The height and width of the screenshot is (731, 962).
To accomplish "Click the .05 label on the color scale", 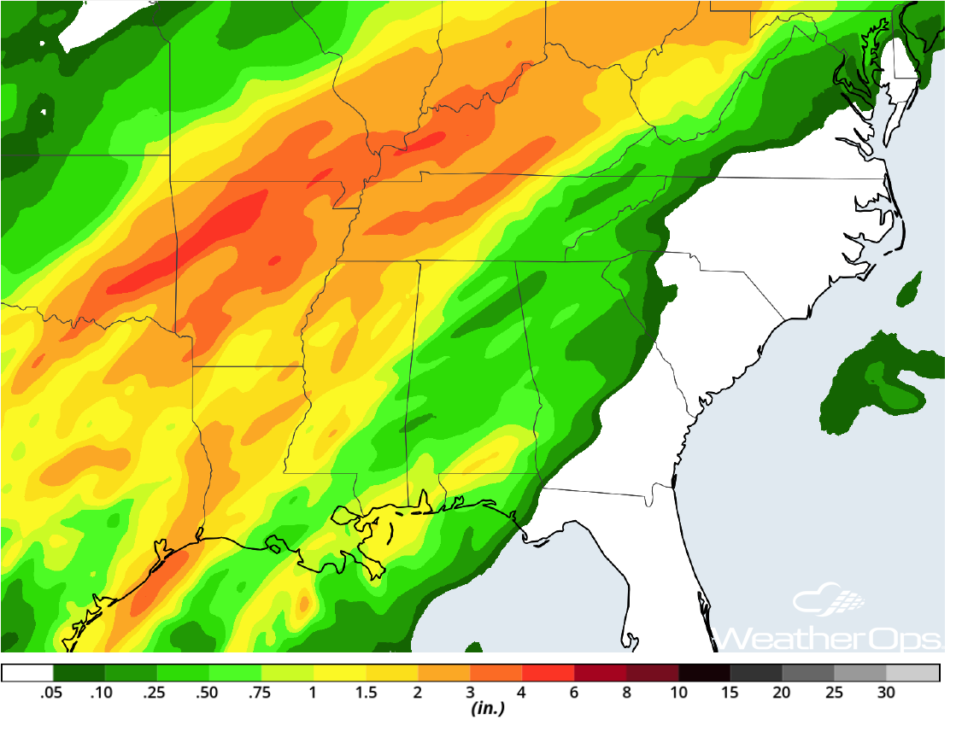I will [x=51, y=693].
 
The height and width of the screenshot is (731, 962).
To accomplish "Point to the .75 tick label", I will [x=261, y=693].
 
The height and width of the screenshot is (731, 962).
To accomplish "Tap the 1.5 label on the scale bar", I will [x=366, y=693].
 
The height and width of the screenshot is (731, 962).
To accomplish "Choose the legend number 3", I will [x=470, y=693].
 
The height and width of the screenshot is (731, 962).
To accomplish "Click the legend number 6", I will [x=574, y=693].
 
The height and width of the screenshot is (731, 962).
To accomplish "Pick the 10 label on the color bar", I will [x=678, y=693].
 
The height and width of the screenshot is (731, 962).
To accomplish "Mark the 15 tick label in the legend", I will [x=730, y=693].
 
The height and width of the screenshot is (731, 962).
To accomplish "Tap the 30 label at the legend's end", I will [x=887, y=693].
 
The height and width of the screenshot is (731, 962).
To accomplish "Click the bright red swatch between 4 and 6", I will [x=548, y=673].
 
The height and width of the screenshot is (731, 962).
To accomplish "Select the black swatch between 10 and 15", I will [x=705, y=673].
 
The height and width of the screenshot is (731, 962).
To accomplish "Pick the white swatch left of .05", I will [x=26, y=673].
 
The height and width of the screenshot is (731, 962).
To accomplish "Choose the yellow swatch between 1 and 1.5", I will [x=339, y=673].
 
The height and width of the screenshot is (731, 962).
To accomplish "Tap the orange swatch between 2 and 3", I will [x=443, y=673].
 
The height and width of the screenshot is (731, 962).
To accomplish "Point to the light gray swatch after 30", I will [x=913, y=673].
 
